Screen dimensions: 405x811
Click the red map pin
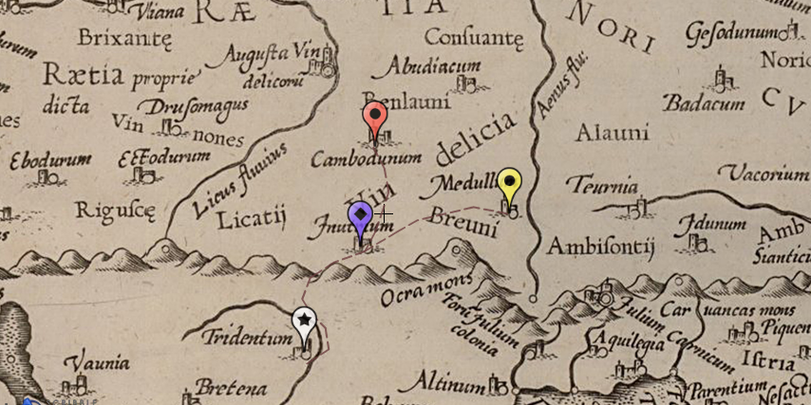(375, 119)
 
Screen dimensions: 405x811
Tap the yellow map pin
(510, 182)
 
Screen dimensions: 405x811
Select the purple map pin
(360, 217)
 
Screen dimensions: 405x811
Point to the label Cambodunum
(366, 158)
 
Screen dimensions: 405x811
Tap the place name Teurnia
(601, 184)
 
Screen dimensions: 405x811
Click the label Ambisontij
(600, 248)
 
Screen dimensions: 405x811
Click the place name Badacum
(704, 103)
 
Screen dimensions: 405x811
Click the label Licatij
(252, 220)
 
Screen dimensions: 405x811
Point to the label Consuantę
(474, 38)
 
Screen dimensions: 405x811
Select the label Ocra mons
(426, 289)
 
